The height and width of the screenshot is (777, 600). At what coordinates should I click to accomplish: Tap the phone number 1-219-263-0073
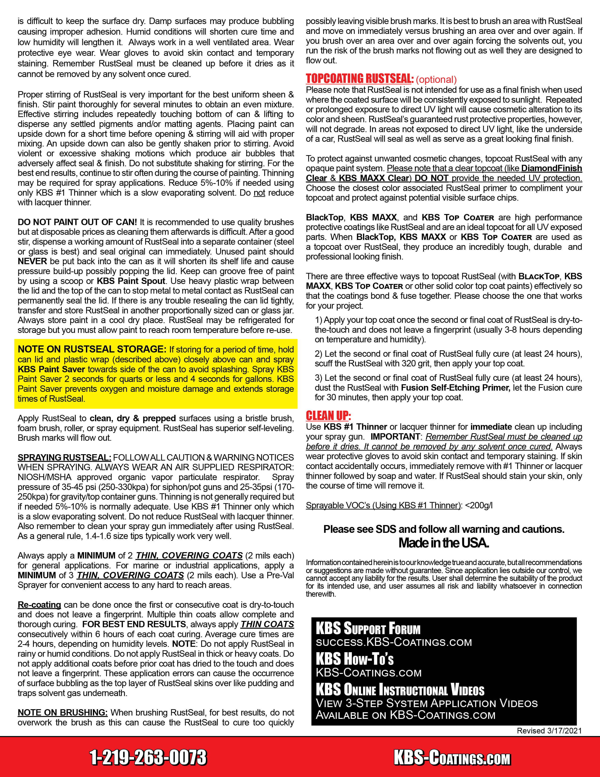(148, 757)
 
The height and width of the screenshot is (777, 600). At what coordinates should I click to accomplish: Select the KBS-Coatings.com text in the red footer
(452, 758)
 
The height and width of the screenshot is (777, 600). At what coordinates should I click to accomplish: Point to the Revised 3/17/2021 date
(549, 731)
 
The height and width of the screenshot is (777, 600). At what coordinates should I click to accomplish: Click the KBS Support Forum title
(368, 629)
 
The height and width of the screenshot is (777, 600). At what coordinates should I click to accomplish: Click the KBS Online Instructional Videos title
(400, 690)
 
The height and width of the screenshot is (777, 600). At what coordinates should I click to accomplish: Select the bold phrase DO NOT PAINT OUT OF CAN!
(77, 222)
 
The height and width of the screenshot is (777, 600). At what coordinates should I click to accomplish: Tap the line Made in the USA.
(444, 543)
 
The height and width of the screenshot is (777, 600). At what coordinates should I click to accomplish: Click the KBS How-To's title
(354, 660)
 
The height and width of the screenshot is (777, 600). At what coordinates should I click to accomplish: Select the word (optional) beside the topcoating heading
(436, 79)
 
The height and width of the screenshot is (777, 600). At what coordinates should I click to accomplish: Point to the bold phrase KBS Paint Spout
(131, 281)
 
